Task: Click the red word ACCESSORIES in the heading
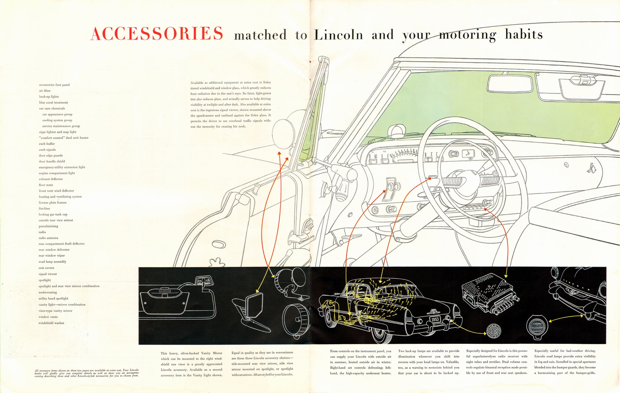[157, 34]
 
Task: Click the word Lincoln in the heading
[338, 35]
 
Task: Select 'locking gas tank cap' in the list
[53, 214]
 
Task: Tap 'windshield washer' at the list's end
[51, 323]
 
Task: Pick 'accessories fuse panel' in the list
[54, 84]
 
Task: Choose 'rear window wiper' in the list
[52, 255]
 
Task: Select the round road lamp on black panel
[537, 325]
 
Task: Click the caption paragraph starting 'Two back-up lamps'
[429, 362]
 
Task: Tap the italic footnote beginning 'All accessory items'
[86, 373]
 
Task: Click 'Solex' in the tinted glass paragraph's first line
[267, 82]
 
